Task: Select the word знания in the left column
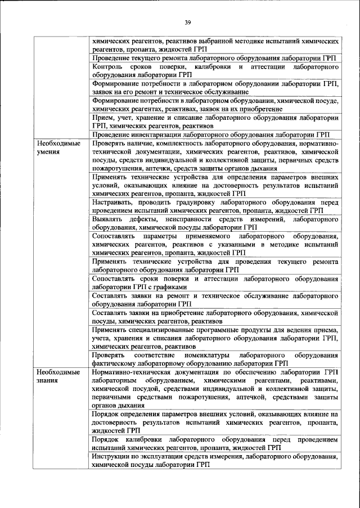(46, 381)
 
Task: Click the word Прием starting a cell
(105, 119)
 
